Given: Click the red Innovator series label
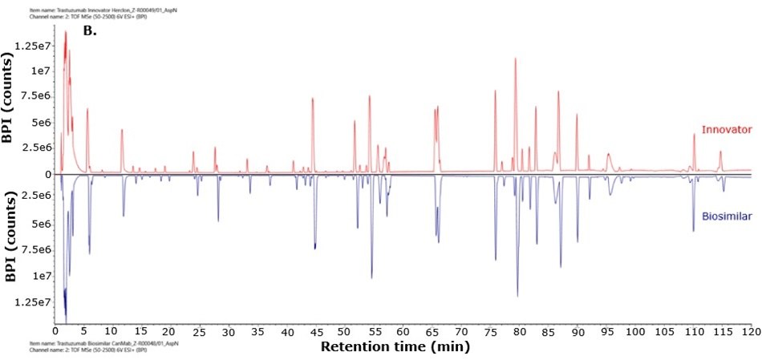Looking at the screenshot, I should (x=727, y=130).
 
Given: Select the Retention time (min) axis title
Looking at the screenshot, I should (x=395, y=347).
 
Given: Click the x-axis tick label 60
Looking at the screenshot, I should (x=402, y=330).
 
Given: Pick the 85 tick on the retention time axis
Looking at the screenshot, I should (x=548, y=330).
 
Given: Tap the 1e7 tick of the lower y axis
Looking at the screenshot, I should (x=39, y=276).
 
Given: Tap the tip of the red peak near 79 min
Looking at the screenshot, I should (x=515, y=59).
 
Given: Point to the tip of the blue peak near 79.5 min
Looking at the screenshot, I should (x=517, y=296).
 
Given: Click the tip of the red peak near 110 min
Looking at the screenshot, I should (x=695, y=134).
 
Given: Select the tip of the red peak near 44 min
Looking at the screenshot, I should (x=312, y=98).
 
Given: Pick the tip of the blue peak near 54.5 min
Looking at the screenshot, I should (x=371, y=278).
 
